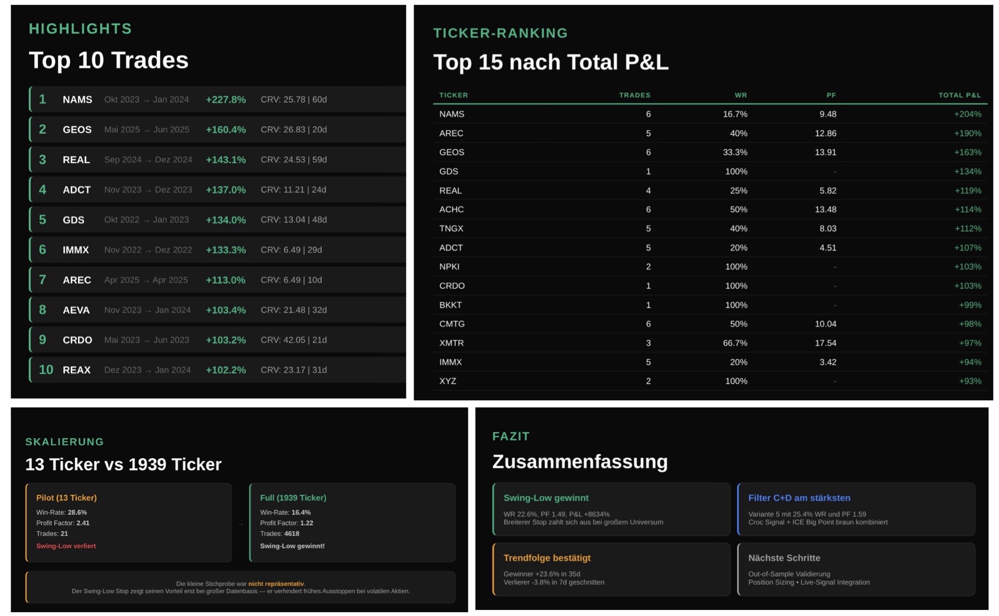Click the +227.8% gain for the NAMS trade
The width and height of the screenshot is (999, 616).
click(x=226, y=99)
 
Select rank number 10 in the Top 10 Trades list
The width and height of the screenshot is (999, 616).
click(x=46, y=370)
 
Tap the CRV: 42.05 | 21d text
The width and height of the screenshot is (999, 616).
click(x=294, y=340)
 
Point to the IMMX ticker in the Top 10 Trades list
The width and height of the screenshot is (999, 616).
click(x=76, y=250)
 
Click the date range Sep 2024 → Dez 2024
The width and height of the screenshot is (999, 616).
click(x=148, y=160)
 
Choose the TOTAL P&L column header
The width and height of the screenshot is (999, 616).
click(x=959, y=95)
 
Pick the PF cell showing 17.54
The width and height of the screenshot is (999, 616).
click(x=825, y=343)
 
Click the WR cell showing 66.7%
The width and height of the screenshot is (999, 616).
click(x=735, y=343)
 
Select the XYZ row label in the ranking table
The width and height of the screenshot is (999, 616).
click(x=447, y=381)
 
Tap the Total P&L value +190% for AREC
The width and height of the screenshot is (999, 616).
click(x=967, y=133)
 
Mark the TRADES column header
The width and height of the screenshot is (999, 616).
click(x=635, y=95)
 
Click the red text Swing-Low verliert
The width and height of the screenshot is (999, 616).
click(x=66, y=546)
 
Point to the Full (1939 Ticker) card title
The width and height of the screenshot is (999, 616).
click(x=293, y=498)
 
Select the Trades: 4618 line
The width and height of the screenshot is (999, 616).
click(x=279, y=534)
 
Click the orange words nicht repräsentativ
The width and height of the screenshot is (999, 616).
click(x=276, y=584)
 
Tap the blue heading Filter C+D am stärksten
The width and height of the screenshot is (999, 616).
click(x=799, y=498)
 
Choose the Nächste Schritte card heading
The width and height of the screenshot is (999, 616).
click(x=784, y=558)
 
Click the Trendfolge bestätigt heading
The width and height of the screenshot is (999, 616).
click(x=547, y=558)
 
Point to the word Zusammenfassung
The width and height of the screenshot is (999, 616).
click(x=580, y=462)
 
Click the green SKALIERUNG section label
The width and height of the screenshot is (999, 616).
click(x=65, y=442)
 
